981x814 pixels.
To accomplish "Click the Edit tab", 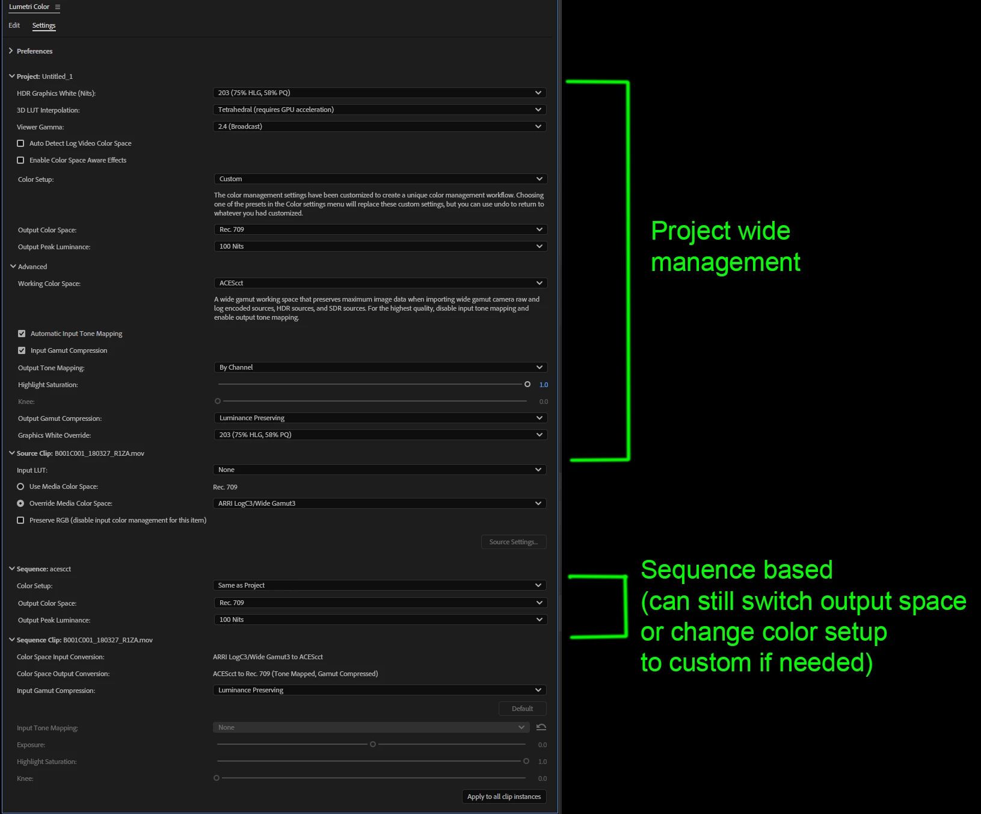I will click(x=14, y=25).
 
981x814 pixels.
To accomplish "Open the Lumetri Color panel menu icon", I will click(x=58, y=7).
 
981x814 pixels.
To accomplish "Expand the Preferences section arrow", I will click(x=11, y=51).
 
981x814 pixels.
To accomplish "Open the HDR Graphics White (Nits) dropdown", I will click(x=380, y=93).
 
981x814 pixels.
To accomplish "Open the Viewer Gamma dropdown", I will click(x=380, y=126).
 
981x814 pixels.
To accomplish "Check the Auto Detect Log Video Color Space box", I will click(x=20, y=143).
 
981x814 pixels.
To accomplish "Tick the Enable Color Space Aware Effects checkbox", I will click(x=20, y=160).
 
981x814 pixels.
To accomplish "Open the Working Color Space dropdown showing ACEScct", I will click(x=380, y=283).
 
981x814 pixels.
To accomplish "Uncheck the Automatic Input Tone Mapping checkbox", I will click(x=22, y=334).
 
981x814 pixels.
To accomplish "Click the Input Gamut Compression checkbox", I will click(x=22, y=350).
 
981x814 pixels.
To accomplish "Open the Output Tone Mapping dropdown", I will click(x=380, y=367).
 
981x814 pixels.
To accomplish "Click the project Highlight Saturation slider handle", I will click(x=527, y=384).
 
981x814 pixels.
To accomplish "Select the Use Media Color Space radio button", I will click(x=20, y=486).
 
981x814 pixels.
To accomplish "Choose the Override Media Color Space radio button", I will click(x=20, y=503).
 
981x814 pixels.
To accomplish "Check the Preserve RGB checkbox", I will click(x=20, y=520).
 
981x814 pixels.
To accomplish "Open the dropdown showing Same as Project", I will click(x=380, y=585).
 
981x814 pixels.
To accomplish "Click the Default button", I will click(x=522, y=709).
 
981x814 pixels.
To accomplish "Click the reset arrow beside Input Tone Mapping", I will click(x=541, y=727).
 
